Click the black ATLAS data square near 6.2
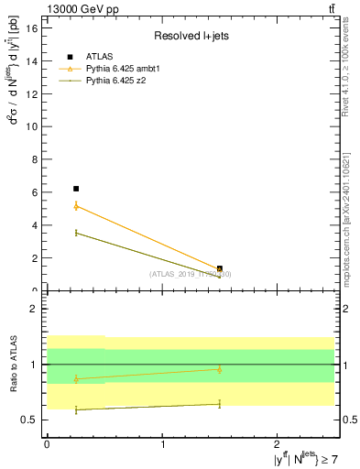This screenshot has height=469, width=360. pos(76,189)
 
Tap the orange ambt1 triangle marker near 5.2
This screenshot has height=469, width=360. pos(76,206)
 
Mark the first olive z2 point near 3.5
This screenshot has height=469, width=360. pos(76,233)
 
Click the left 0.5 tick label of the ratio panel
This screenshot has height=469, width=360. pos(29,420)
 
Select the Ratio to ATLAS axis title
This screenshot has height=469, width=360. pos(13,364)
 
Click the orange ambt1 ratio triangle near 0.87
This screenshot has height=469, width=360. pos(76,378)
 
